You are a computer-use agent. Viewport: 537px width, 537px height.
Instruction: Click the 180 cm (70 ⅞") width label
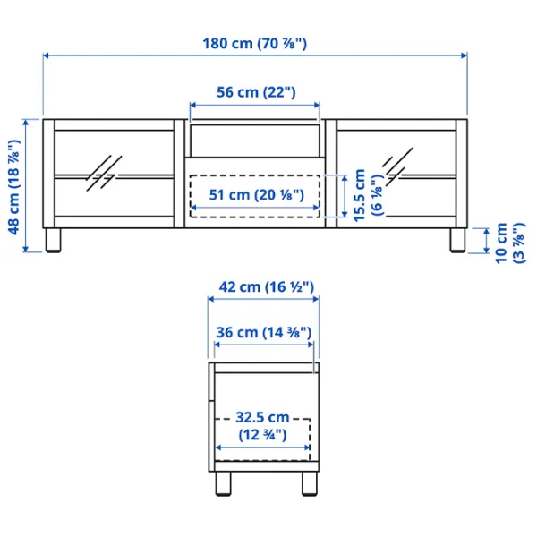[255, 44]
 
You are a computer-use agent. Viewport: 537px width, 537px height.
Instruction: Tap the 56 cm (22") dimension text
[256, 92]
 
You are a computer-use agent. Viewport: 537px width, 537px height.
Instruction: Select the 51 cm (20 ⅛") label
[257, 195]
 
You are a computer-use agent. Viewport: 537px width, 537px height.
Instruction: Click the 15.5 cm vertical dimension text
[360, 195]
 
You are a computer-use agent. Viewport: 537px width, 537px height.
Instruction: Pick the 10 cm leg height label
[501, 243]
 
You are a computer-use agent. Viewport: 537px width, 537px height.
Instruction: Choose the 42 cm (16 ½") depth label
[267, 286]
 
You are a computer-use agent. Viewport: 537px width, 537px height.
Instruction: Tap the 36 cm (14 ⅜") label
[264, 332]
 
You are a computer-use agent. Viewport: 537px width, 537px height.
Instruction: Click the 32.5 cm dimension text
[262, 417]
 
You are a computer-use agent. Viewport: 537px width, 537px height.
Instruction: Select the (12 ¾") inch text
[262, 435]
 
